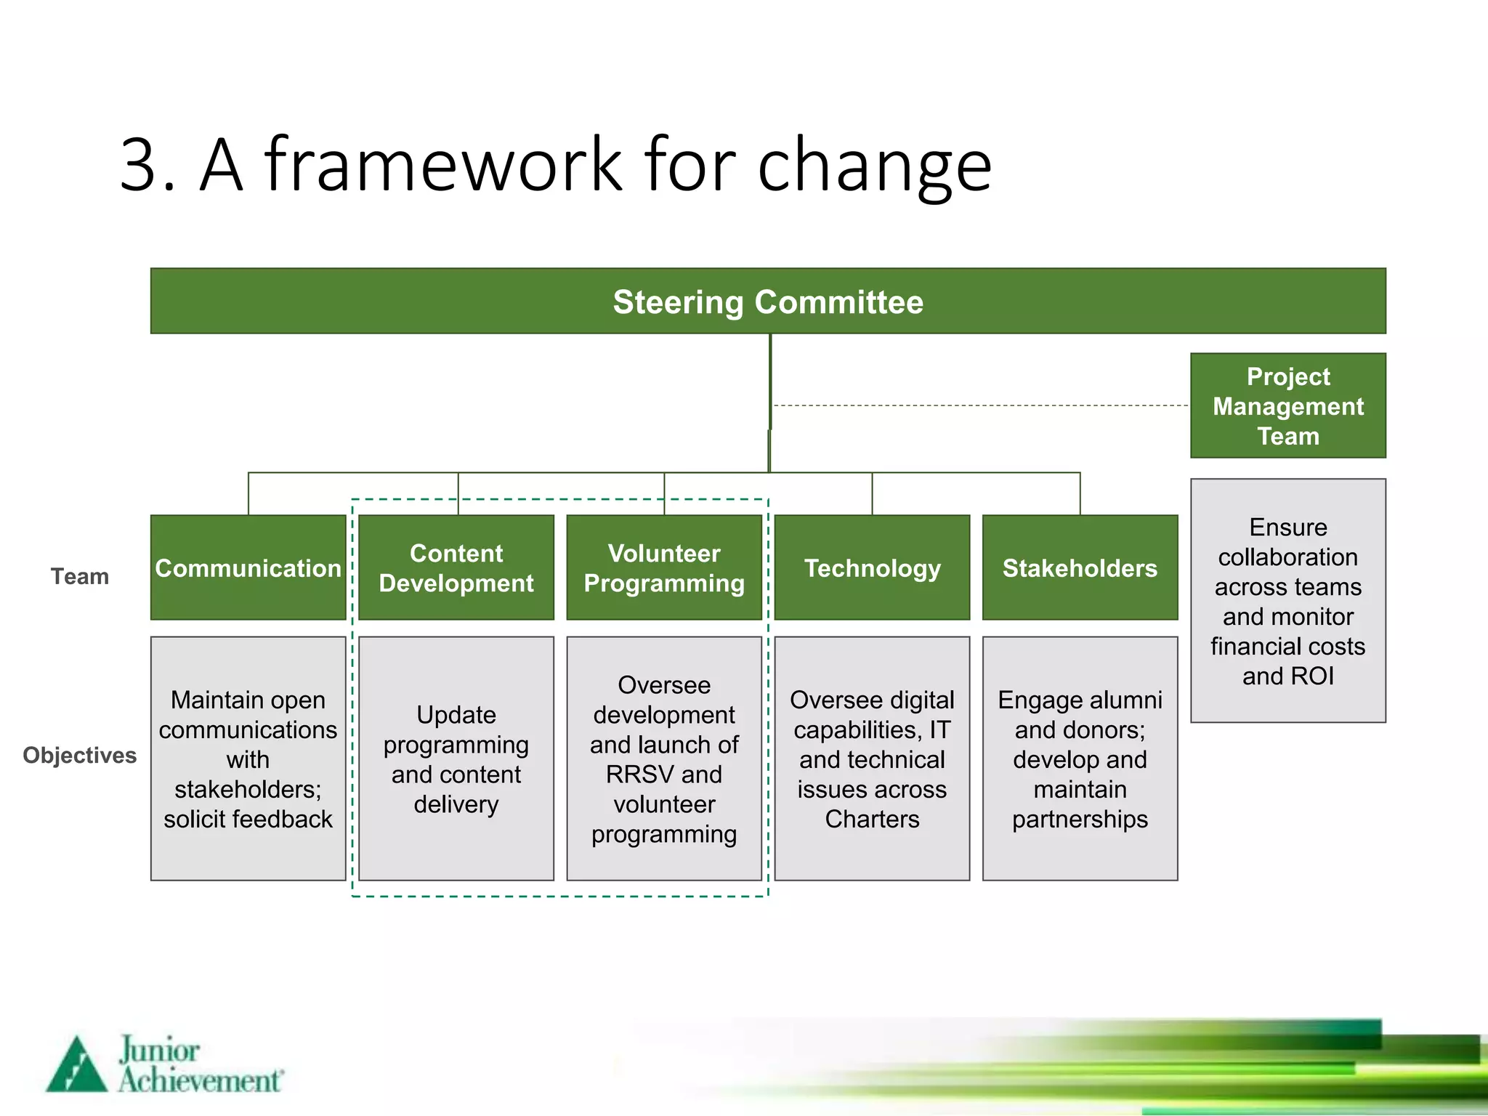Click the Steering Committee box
coord(768,302)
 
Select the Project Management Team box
coord(1287,405)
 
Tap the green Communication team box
coord(248,568)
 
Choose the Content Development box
coord(456,568)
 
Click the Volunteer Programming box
coord(664,568)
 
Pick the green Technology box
coord(872,568)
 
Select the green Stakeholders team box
coord(1080,568)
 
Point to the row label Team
coord(80,577)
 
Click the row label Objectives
coord(80,756)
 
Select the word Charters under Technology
coord(872,820)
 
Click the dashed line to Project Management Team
coord(981,405)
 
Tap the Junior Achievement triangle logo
coord(76,1065)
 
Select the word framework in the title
coord(443,165)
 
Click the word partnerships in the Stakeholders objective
coord(1080,820)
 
